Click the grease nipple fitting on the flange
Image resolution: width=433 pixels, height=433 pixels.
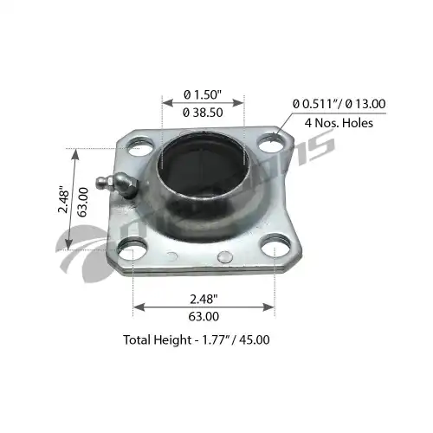[117, 185]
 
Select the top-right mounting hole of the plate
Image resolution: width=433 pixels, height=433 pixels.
[271, 143]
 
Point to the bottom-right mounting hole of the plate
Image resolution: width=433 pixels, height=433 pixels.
[275, 245]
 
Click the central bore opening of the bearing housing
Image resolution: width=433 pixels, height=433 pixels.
[203, 165]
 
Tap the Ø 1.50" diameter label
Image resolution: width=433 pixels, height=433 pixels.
[203, 94]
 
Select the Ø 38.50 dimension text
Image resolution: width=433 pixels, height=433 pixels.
[203, 113]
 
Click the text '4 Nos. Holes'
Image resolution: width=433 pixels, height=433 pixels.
[339, 123]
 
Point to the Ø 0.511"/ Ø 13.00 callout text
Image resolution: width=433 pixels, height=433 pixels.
[339, 104]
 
